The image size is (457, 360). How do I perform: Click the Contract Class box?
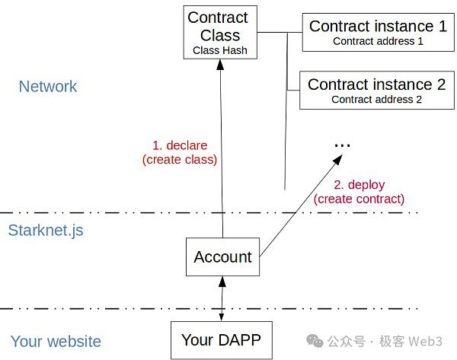tap(220, 32)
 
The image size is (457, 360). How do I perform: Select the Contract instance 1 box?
tap(379, 32)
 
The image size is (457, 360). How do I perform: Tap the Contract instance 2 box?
tap(377, 91)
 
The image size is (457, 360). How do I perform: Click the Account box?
tap(222, 257)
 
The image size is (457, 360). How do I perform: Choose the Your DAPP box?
tap(222, 340)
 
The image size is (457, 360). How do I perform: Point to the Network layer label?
tap(48, 87)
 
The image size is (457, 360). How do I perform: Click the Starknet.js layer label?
tap(46, 231)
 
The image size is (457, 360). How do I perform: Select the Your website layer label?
tap(56, 342)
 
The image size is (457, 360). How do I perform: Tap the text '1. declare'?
tap(180, 145)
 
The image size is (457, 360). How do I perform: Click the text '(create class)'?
tap(180, 160)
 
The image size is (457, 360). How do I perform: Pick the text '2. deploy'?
tap(359, 185)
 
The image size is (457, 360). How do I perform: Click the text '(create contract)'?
tap(359, 199)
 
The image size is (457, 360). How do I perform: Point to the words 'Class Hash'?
tap(220, 50)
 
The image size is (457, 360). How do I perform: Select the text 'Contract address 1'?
tap(378, 41)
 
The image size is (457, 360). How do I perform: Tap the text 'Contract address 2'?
tap(376, 100)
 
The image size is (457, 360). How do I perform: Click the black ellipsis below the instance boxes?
tap(343, 145)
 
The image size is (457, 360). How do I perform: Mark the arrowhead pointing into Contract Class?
tap(220, 65)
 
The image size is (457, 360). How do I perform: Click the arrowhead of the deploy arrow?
tap(338, 159)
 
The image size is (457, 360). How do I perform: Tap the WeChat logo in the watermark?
tap(315, 341)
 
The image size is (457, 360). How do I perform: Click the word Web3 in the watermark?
tap(425, 342)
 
